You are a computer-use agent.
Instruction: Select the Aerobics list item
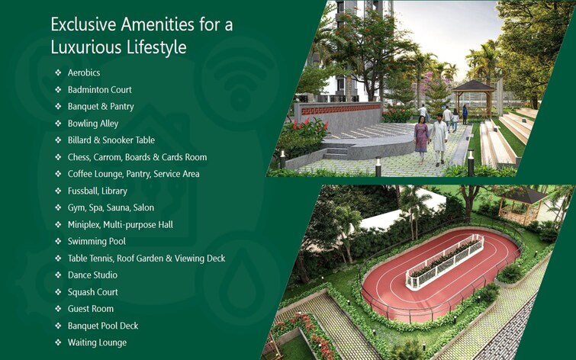(x=83, y=73)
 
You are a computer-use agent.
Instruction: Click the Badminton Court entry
(x=99, y=90)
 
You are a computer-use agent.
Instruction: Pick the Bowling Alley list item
(x=93, y=124)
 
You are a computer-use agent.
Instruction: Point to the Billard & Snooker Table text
(x=111, y=140)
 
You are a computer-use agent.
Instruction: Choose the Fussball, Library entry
(x=97, y=191)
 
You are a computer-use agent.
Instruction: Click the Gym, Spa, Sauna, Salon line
(x=111, y=207)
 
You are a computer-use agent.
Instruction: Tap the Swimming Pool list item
(x=96, y=241)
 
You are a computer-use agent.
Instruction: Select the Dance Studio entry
(x=92, y=275)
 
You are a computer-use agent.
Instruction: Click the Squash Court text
(x=92, y=292)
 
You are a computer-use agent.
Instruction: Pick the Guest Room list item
(x=90, y=309)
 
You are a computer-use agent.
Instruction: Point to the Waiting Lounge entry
(x=97, y=342)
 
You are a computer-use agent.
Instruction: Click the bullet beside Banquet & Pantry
(x=58, y=107)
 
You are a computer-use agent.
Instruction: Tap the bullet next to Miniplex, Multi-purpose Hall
(x=58, y=224)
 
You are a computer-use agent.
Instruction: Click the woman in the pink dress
(x=421, y=138)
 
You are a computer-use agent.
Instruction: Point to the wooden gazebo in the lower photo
(x=523, y=204)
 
